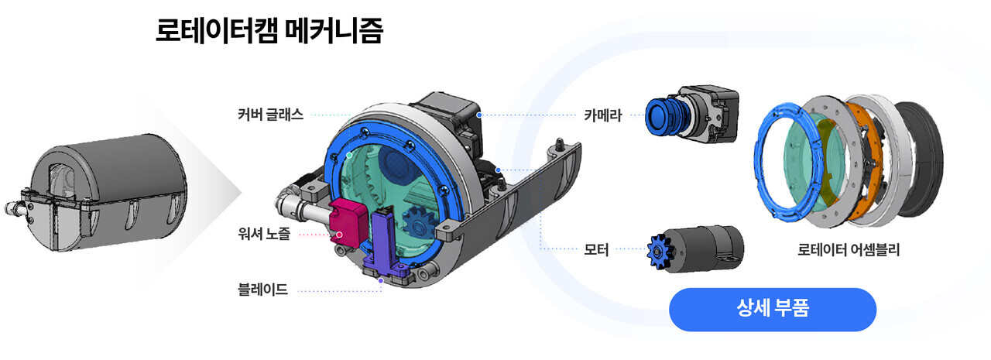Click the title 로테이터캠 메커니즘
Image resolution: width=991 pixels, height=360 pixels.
point(269,32)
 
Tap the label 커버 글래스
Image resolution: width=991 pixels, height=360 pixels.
point(270,115)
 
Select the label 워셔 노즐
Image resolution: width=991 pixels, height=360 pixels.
point(265,233)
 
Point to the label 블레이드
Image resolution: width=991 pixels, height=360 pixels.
point(263,290)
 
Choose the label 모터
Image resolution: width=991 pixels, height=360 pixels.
point(596,249)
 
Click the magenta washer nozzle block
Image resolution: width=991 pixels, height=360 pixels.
point(350,218)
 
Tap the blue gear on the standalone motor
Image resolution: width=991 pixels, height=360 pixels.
point(657,249)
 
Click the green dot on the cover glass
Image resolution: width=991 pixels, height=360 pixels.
point(349,156)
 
